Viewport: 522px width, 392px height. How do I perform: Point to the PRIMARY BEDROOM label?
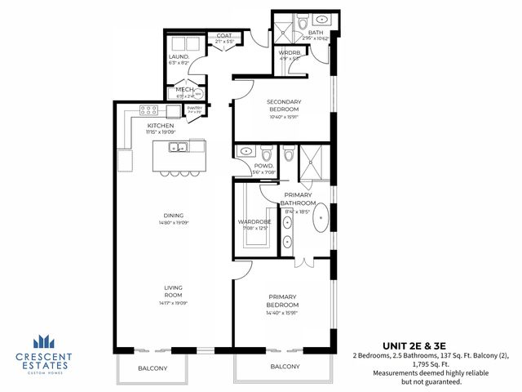282,301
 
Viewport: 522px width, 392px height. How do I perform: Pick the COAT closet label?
223,36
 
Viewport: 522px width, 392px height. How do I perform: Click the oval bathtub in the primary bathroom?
322,219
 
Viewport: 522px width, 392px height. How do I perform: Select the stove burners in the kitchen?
149,109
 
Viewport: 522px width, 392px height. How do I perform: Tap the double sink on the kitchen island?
178,148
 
